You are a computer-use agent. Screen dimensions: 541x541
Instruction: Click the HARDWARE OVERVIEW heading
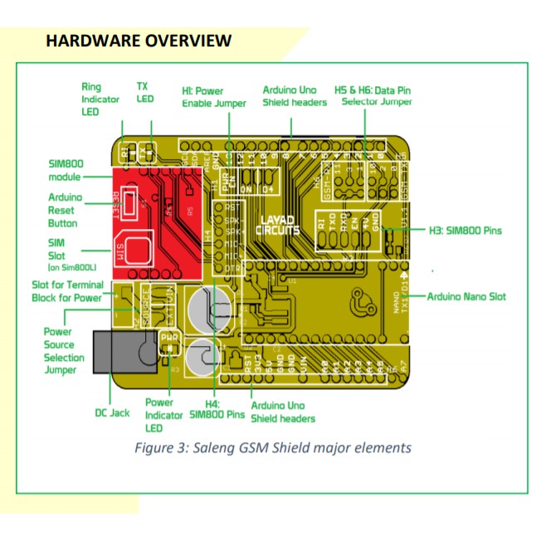point(139,41)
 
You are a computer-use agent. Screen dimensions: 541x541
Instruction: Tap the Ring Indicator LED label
point(100,99)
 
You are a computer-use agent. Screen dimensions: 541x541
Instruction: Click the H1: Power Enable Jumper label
point(214,96)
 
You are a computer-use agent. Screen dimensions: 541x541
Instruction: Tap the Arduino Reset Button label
point(65,212)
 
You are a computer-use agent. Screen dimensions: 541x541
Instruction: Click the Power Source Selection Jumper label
point(64,351)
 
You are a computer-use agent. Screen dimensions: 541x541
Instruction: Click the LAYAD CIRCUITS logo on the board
point(276,225)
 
